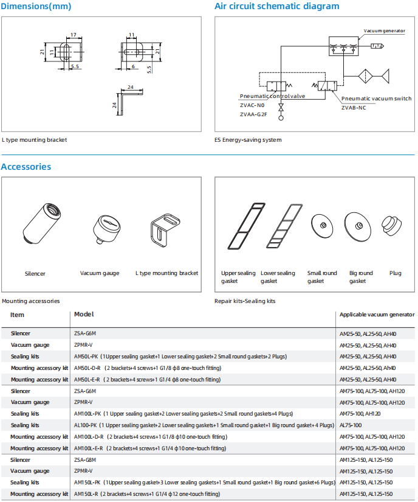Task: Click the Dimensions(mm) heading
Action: click(36, 7)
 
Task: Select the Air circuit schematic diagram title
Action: click(276, 7)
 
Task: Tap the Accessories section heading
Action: click(26, 167)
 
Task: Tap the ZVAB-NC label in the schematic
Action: click(354, 108)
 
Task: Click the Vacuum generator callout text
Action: click(384, 30)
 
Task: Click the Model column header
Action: click(83, 315)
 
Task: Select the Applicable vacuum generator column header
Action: click(377, 315)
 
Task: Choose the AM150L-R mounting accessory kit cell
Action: click(146, 494)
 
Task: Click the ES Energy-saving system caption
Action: click(248, 140)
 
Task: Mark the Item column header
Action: click(18, 315)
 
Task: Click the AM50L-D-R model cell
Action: click(147, 368)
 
